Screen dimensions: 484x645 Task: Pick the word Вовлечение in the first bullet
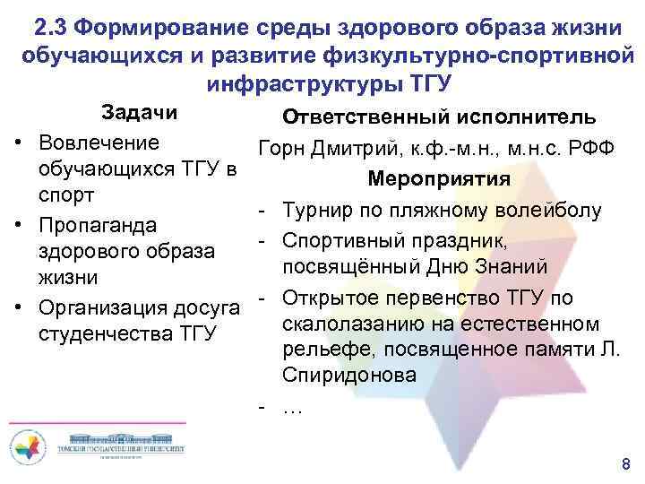(99, 143)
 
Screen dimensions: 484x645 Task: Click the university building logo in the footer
(118, 445)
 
